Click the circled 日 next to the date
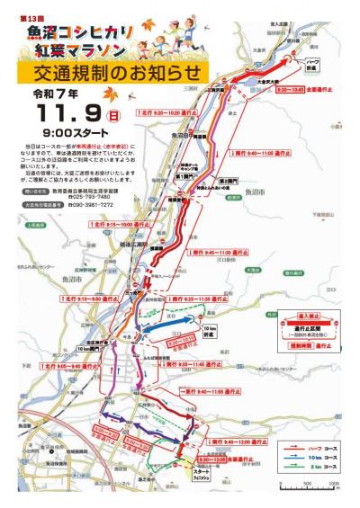114,116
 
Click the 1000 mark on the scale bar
337,486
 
